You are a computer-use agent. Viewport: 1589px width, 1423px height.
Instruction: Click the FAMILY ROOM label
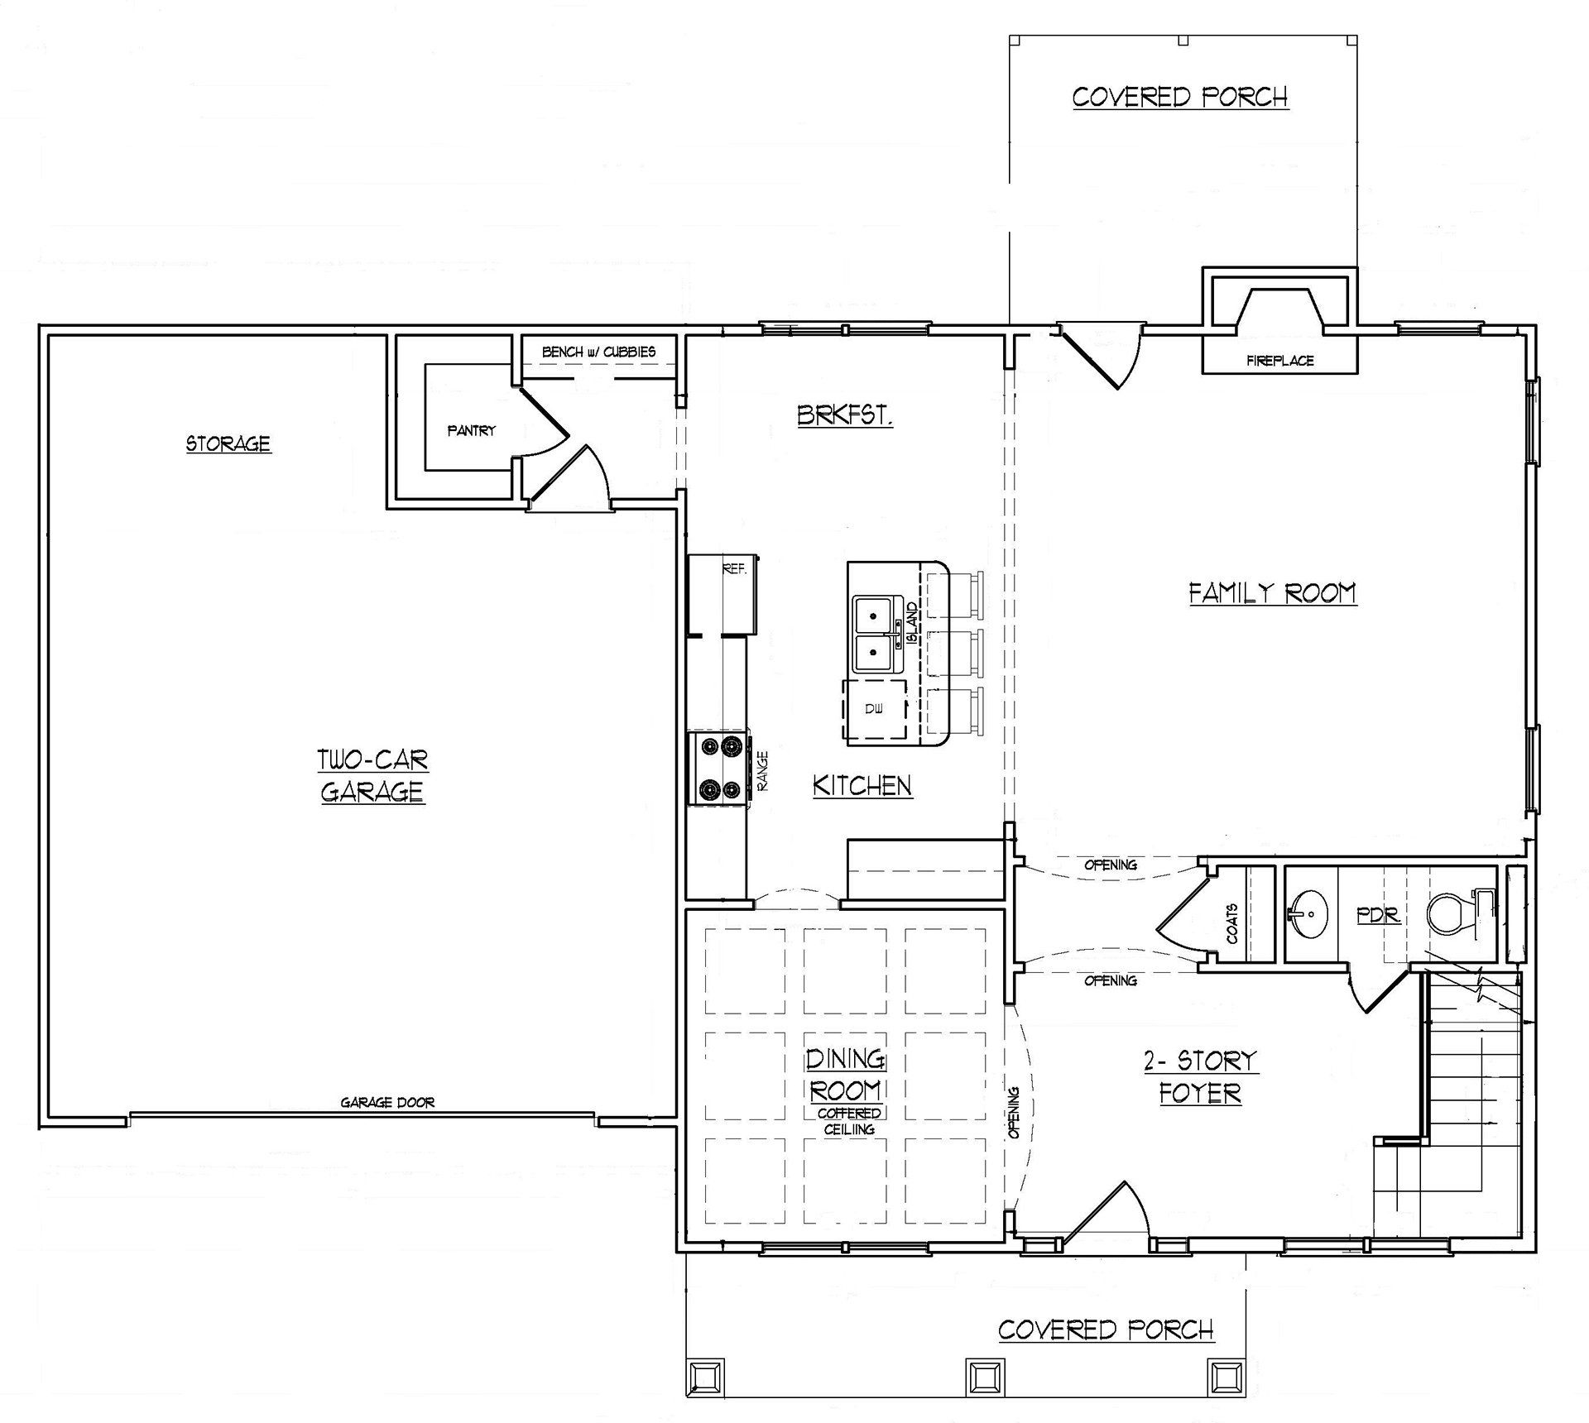(1273, 593)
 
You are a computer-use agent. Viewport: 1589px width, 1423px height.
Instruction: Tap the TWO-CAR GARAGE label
(373, 776)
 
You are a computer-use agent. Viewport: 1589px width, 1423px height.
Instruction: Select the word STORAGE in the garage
(228, 443)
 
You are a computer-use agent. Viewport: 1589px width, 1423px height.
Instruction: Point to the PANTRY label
(472, 430)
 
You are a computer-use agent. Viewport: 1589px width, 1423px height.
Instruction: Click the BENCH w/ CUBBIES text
(598, 352)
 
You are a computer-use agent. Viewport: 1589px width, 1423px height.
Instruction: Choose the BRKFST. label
(845, 414)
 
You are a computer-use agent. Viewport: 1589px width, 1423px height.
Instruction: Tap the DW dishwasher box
(875, 709)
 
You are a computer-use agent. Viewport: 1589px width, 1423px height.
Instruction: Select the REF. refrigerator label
(734, 569)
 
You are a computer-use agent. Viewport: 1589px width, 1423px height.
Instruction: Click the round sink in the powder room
(1307, 914)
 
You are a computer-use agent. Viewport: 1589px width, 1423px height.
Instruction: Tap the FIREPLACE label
(1280, 361)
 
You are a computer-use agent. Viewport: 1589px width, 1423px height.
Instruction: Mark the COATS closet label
(1232, 923)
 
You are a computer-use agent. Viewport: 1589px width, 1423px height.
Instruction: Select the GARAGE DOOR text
(387, 1102)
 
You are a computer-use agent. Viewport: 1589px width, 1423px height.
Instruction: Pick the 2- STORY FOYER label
(1200, 1076)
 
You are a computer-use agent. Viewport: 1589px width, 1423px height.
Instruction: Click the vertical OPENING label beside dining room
(1015, 1113)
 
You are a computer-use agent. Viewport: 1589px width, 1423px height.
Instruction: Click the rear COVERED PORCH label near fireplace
(1180, 97)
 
